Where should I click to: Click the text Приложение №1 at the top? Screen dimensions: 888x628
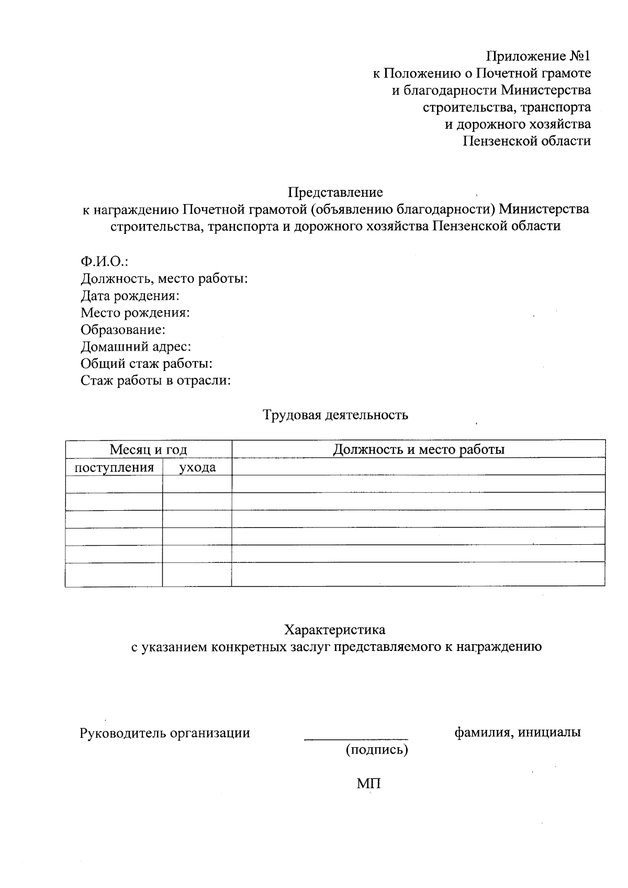[x=539, y=56]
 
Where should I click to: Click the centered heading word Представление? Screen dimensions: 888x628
[x=335, y=193]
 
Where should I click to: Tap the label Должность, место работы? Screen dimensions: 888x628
[x=164, y=278]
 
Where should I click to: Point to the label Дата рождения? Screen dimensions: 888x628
[x=130, y=296]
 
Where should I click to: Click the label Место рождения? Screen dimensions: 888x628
[x=135, y=313]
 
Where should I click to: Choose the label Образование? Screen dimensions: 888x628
[x=123, y=330]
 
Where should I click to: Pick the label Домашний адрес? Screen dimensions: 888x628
[x=136, y=346]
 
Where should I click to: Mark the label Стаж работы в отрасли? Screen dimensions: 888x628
[x=155, y=380]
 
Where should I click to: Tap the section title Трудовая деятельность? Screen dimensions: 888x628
[x=335, y=415]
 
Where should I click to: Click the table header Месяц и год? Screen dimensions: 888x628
[x=148, y=449]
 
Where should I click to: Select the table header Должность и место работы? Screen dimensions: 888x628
[x=419, y=449]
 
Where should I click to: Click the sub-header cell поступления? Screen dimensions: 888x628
[x=114, y=467]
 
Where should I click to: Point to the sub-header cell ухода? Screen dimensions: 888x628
[x=197, y=467]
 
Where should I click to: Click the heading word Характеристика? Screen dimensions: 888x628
[x=335, y=630]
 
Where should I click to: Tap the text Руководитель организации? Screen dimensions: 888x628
[x=164, y=733]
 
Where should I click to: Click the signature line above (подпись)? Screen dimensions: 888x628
[x=356, y=739]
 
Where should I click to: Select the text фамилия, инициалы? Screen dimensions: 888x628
[x=517, y=732]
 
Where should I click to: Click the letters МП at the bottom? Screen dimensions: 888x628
[x=368, y=784]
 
